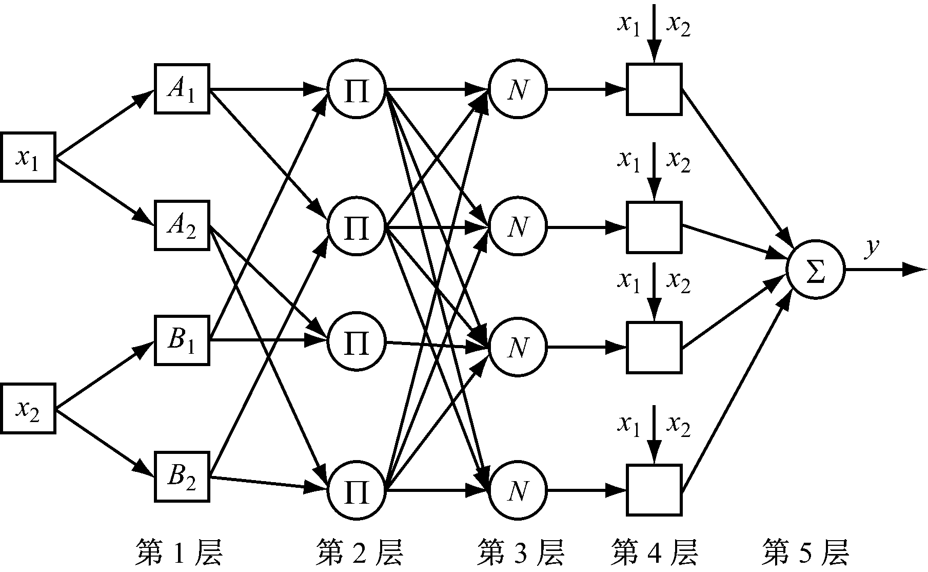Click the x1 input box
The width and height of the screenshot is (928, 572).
[x=28, y=157]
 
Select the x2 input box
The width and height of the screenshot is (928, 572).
[x=28, y=409]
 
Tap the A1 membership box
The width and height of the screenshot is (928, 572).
[x=182, y=89]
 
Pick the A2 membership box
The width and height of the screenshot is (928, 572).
[x=182, y=226]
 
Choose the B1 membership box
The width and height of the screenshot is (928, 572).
[x=182, y=340]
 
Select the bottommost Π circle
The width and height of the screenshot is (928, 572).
[x=357, y=490]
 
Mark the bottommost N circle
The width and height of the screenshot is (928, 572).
[x=518, y=490]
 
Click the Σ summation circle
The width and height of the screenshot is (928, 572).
[x=815, y=270]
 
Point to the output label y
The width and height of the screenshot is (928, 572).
[x=871, y=248]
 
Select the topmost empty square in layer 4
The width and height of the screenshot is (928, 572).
[x=654, y=89]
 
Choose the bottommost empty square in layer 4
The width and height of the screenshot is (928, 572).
[x=654, y=489]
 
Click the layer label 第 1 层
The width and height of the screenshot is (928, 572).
[x=179, y=552]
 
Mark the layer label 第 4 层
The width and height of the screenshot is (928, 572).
[x=655, y=552]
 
